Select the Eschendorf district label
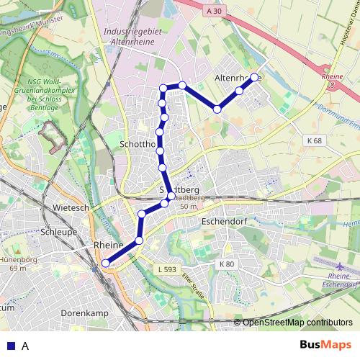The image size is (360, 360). tap(225, 222)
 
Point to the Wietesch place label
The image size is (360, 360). tap(70, 207)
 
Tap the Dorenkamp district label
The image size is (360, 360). tap(85, 313)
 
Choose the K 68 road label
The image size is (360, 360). tap(312, 140)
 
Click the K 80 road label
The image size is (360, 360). tap(227, 265)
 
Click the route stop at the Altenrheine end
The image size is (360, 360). tap(254, 77)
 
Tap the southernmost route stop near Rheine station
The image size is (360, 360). tap(106, 264)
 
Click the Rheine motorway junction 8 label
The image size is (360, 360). tap(332, 78)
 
